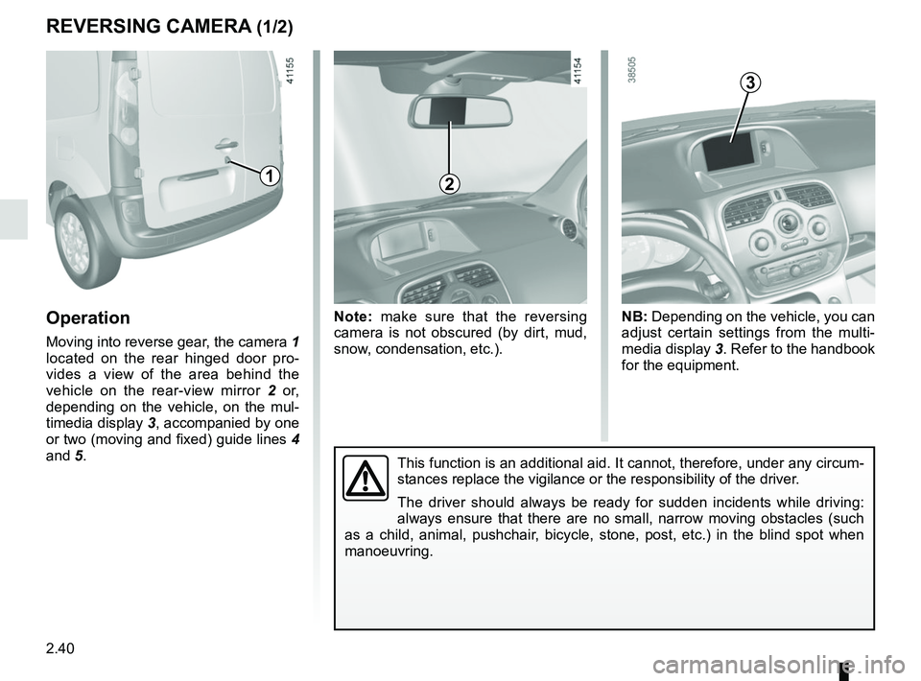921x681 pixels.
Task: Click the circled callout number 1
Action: (270, 175)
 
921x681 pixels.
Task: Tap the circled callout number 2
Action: (449, 184)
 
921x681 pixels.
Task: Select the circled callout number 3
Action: (750, 82)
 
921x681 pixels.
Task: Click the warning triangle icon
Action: (366, 478)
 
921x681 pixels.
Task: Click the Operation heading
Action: (88, 318)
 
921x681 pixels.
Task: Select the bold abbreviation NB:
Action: (634, 317)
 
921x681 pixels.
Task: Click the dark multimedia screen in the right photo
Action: (728, 151)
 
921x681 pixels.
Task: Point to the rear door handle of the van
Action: (225, 144)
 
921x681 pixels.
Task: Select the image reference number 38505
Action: (630, 71)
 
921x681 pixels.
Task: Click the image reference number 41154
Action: (579, 72)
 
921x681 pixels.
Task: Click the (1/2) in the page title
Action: (275, 27)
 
